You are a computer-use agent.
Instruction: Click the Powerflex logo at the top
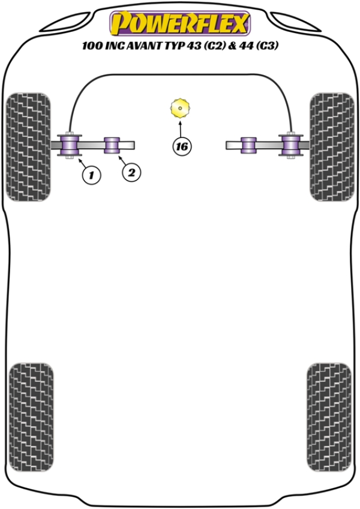click(x=180, y=23)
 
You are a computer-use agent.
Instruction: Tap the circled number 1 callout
click(x=91, y=175)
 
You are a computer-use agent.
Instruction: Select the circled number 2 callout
click(x=131, y=172)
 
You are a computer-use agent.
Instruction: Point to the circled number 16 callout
click(x=182, y=146)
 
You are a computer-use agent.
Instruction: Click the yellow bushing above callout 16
click(x=180, y=108)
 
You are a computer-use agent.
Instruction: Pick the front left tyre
click(x=29, y=146)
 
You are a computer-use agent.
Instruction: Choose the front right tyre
click(x=332, y=146)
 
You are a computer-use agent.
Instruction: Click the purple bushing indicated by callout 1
click(x=70, y=145)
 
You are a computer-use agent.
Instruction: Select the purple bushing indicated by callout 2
click(x=112, y=145)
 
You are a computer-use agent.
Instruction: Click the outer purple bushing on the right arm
click(x=291, y=145)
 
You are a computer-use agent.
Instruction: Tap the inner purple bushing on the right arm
click(x=248, y=145)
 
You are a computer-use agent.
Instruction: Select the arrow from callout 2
click(x=122, y=160)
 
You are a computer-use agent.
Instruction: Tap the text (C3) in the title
click(x=267, y=46)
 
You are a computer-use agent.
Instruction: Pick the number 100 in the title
click(x=92, y=46)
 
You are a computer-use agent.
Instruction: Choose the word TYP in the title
click(x=175, y=46)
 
